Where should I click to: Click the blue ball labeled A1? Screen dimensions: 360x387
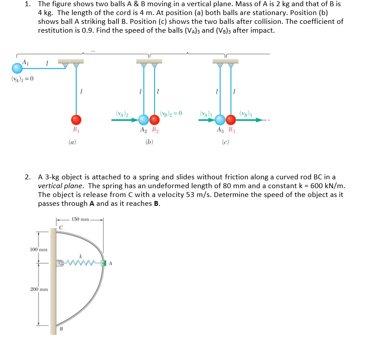click(x=17, y=68)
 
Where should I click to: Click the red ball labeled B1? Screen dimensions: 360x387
click(x=76, y=119)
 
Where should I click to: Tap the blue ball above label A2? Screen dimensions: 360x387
click(x=144, y=119)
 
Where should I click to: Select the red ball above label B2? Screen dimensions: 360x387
click(x=154, y=119)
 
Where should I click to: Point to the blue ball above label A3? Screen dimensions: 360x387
click(x=220, y=119)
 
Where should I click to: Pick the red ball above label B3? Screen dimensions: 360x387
click(x=231, y=119)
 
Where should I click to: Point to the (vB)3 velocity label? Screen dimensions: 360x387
click(x=246, y=113)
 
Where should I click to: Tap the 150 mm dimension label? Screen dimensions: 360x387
click(x=80, y=219)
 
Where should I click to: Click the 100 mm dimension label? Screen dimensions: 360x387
click(x=38, y=250)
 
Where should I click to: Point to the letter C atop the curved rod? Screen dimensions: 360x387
click(x=61, y=227)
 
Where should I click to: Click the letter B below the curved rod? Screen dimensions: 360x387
click(x=61, y=329)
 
